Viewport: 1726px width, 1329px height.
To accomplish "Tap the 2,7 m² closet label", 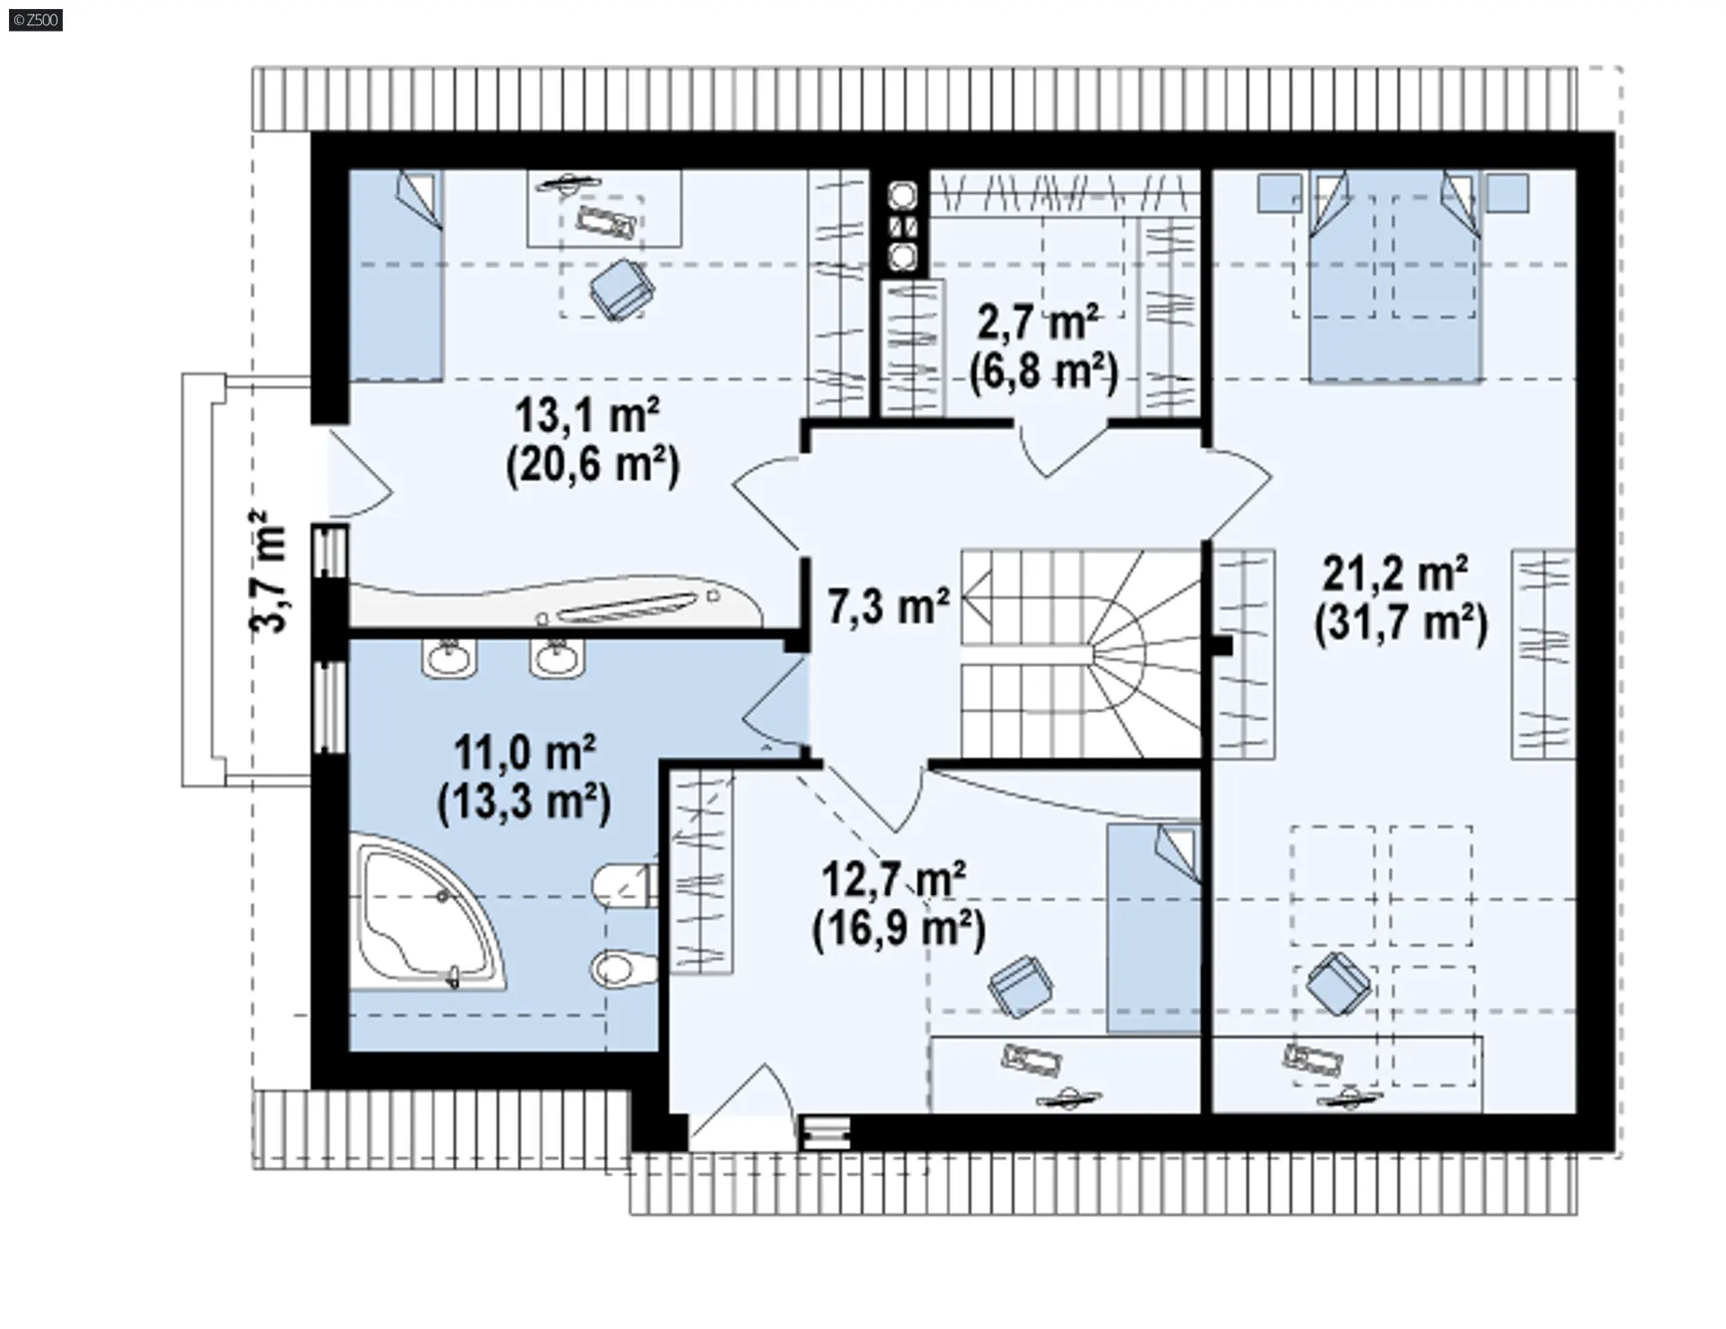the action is tap(1038, 322).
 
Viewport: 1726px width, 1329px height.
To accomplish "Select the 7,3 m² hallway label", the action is tap(888, 606).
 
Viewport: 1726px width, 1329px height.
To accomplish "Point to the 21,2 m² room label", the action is tap(1395, 572).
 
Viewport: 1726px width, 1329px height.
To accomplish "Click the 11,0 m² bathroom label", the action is tap(525, 752).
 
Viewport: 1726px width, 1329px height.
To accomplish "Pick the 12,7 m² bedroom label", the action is tap(894, 879).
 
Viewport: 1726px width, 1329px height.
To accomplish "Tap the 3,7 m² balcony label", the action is tap(269, 571).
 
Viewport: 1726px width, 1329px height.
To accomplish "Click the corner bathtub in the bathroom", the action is tap(428, 912).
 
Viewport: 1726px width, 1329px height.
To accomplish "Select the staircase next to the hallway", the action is tap(1081, 654).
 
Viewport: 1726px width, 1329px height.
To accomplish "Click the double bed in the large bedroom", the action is tap(1394, 276).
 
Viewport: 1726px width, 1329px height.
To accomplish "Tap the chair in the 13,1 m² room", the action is tap(621, 288).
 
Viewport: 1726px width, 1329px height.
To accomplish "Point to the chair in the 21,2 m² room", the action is tap(1339, 983).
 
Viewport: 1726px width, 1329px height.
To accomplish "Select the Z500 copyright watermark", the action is tap(36, 19).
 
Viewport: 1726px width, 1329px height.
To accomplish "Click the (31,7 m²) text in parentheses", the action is tap(1401, 623).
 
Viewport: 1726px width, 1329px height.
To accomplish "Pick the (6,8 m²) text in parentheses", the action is tap(1044, 371).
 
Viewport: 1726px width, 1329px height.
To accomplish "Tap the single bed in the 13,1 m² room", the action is tap(396, 276).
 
